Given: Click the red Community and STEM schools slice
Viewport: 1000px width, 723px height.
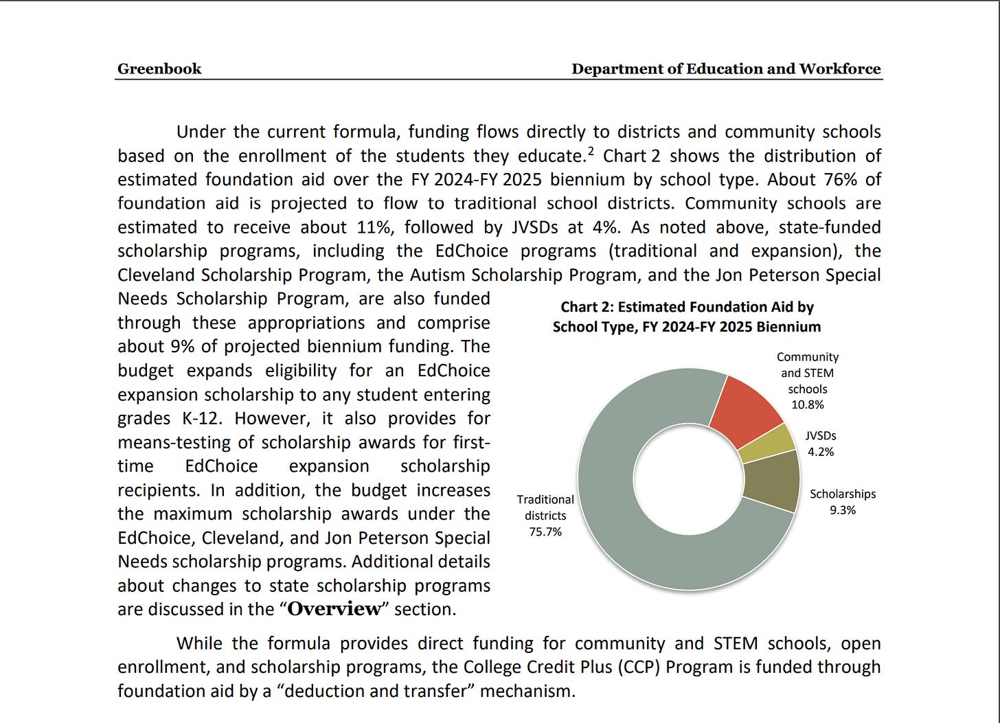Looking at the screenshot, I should pos(745,411).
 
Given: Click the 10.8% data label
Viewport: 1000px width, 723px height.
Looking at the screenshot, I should pos(808,404).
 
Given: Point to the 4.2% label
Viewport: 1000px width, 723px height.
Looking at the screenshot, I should pos(821,452).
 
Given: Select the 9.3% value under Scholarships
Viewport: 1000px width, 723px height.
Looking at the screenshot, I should pos(843,510).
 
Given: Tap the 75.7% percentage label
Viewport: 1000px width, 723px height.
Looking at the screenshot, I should pos(545,531).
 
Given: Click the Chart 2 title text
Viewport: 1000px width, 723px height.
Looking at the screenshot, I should pos(687,317).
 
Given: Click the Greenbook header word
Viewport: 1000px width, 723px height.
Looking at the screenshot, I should pos(159,69).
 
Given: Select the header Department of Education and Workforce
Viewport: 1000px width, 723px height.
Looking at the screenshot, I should pos(726,69).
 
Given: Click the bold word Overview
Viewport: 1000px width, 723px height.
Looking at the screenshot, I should pos(334,609).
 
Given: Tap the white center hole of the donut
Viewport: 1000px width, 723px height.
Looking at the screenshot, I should pos(689,479).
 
